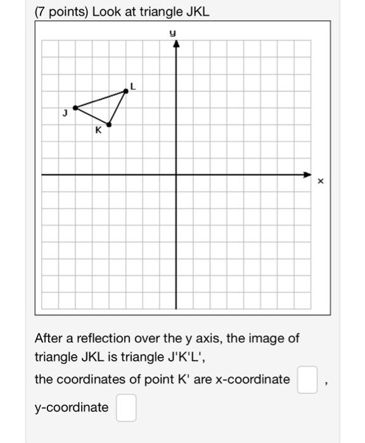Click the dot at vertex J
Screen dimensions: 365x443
(x=75, y=108)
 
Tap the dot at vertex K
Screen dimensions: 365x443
(x=109, y=124)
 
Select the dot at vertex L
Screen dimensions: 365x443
(x=125, y=90)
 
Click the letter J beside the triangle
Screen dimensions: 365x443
(x=65, y=114)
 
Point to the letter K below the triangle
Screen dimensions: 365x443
(x=98, y=131)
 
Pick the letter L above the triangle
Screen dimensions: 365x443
(x=132, y=84)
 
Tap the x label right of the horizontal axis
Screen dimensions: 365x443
(x=321, y=182)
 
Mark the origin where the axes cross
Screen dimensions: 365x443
(x=176, y=174)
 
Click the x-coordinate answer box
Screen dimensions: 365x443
(x=307, y=380)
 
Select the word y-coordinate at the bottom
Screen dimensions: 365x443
(x=72, y=408)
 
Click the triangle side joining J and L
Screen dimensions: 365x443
(x=100, y=99)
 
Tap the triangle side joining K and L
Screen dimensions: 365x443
(x=117, y=108)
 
